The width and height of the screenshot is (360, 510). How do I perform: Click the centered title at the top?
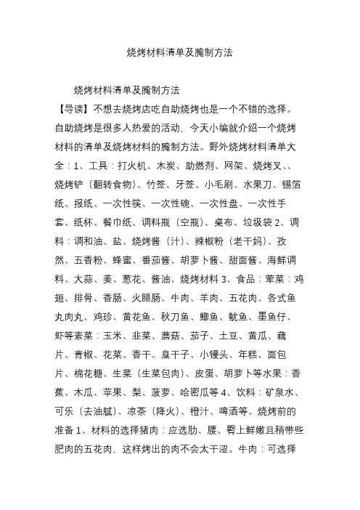click(180, 53)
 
